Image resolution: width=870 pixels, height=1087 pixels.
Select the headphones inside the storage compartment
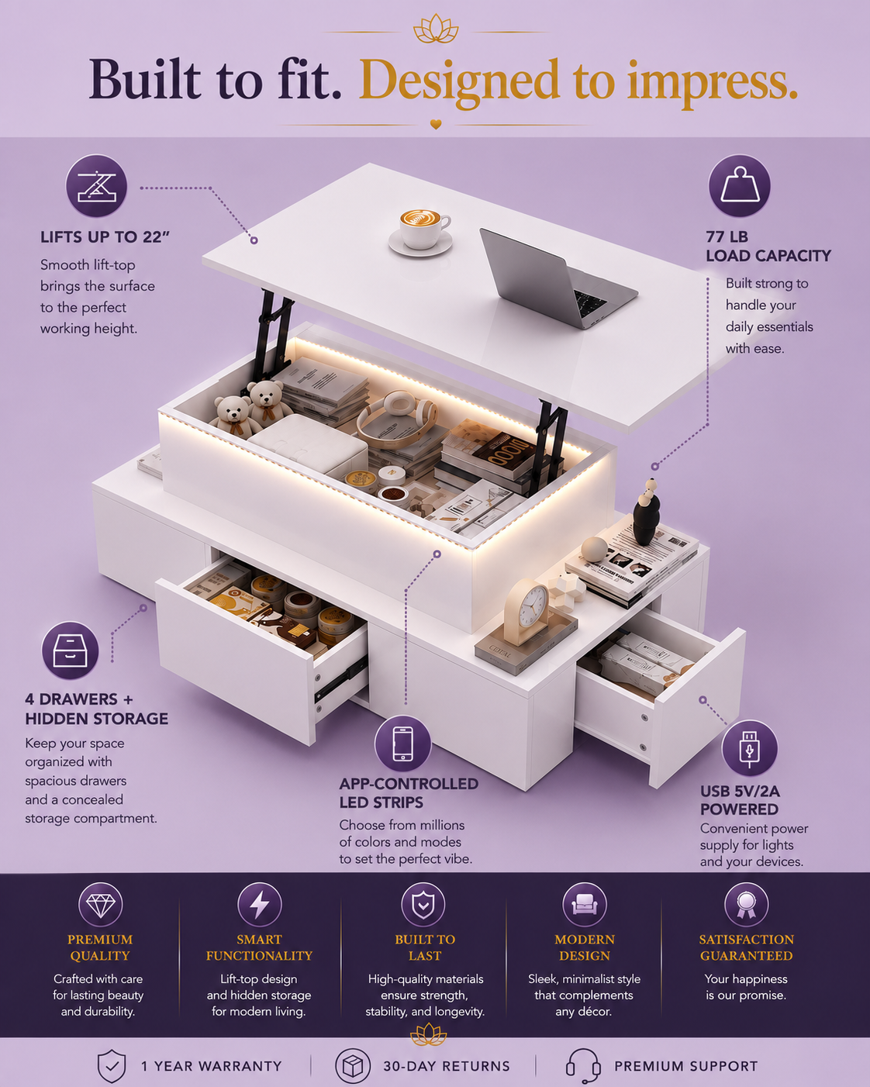coord(397,419)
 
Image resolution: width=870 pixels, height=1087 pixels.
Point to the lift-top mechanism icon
coord(96,186)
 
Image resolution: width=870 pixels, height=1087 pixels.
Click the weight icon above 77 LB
coord(739,185)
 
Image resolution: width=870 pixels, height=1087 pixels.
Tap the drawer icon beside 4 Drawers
coord(71,650)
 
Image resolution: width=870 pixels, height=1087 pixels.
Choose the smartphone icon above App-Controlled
coord(402,744)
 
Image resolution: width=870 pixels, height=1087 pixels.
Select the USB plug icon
coord(749,748)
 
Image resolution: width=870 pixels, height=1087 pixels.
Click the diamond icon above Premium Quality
coord(101,905)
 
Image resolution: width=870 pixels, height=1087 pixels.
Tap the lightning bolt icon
coord(260,905)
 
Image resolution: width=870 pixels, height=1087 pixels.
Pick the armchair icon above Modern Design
coord(585,905)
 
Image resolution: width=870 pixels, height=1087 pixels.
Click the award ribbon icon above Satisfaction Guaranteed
coord(746,905)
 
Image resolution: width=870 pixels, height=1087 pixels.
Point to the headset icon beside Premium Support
coord(583,1066)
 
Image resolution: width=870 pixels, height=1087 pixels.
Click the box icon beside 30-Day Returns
coord(353,1066)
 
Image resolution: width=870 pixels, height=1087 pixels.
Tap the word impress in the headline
coord(712,83)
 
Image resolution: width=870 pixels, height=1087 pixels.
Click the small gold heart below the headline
coord(436,124)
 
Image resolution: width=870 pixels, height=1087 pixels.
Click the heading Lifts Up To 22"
coord(105,237)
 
